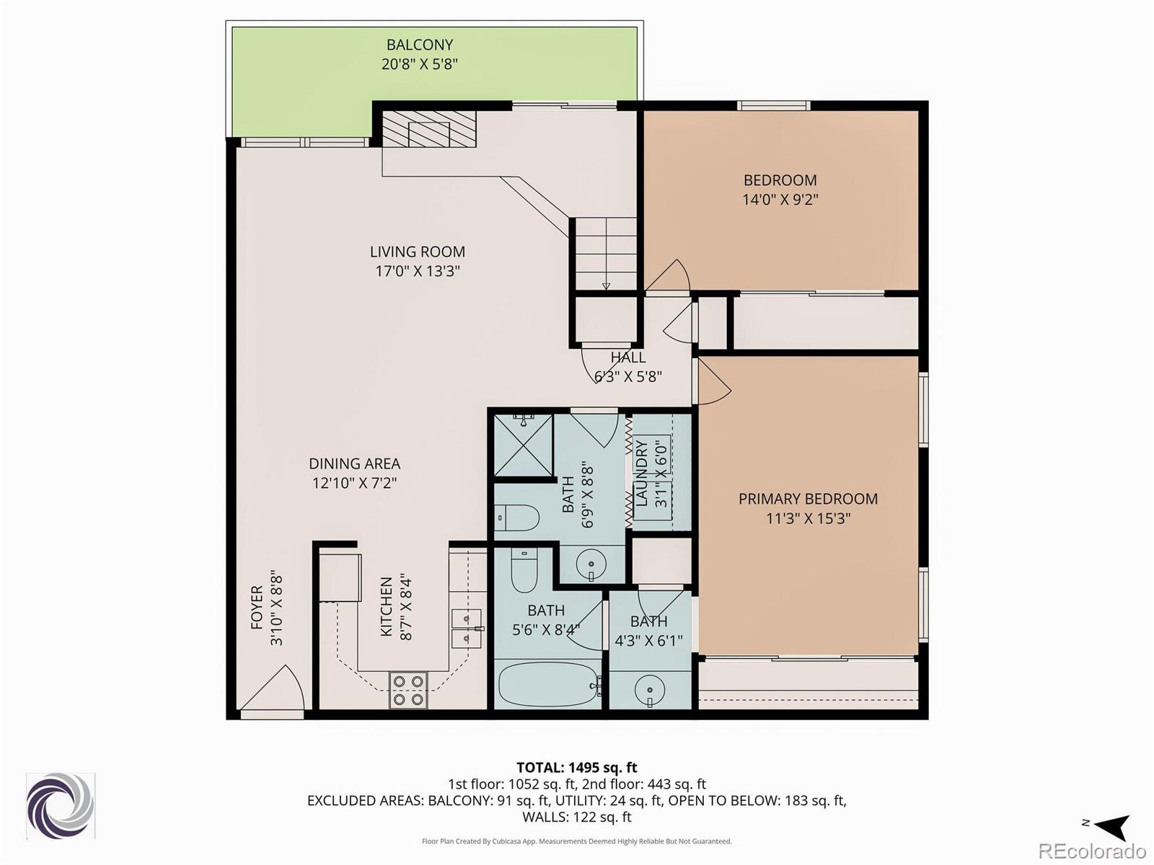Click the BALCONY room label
[x=419, y=45]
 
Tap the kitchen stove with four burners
[x=408, y=690]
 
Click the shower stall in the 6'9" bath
[x=524, y=445]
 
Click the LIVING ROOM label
[x=417, y=252]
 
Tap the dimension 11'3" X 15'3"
[x=808, y=518]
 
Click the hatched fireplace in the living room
[x=428, y=130]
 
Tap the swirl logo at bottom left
[x=61, y=806]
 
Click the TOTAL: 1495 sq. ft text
[x=576, y=768]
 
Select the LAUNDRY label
[x=641, y=473]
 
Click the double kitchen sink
[x=467, y=628]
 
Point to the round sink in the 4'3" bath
[x=650, y=690]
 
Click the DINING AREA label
[x=354, y=463]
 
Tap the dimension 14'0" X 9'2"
[x=780, y=200]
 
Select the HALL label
[x=627, y=358]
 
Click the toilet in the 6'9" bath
[x=518, y=518]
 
